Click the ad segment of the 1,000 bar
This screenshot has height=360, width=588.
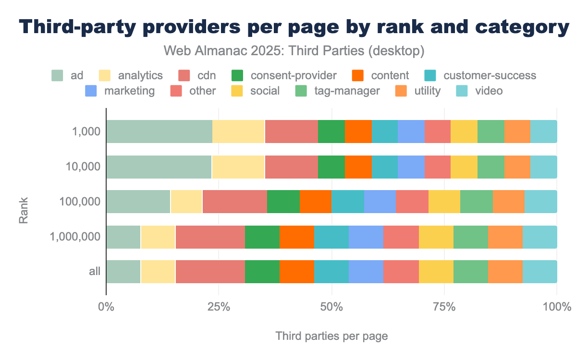click(x=159, y=132)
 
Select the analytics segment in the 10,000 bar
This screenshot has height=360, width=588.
click(x=238, y=167)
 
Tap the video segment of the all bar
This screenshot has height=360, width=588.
click(x=539, y=272)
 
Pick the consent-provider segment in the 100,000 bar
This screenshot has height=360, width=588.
click(x=283, y=202)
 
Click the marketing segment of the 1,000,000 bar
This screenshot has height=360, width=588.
click(x=366, y=237)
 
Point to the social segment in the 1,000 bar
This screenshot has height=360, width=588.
click(x=464, y=132)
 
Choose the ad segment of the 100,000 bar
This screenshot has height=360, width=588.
click(x=138, y=202)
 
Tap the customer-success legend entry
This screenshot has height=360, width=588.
click(x=480, y=75)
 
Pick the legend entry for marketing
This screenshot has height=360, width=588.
click(x=120, y=91)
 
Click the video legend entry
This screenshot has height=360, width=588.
click(x=480, y=91)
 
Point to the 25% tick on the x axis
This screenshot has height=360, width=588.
click(x=219, y=307)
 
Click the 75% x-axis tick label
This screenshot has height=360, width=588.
click(x=444, y=307)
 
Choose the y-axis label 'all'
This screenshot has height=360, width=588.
click(x=95, y=272)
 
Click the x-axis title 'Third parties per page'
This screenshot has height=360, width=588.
click(x=331, y=336)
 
